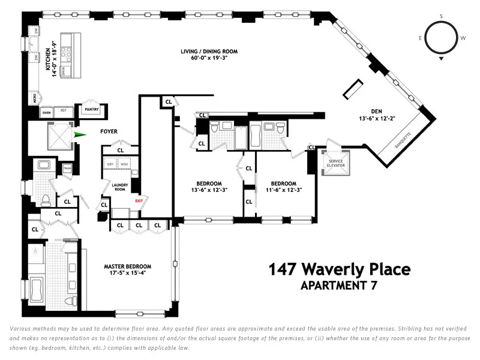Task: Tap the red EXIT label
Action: tap(139, 201)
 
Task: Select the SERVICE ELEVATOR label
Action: tap(334, 163)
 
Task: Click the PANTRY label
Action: tap(91, 109)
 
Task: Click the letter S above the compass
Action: tap(442, 16)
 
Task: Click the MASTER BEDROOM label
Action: tap(127, 266)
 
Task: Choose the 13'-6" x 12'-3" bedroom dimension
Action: tap(209, 190)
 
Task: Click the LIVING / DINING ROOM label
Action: tap(206, 52)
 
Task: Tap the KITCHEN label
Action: tap(49, 73)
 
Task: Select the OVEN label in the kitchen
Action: tap(46, 112)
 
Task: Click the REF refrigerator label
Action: tap(62, 112)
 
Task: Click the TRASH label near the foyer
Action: tap(67, 169)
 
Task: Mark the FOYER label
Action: tap(109, 131)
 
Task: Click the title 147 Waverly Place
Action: tap(339, 269)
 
